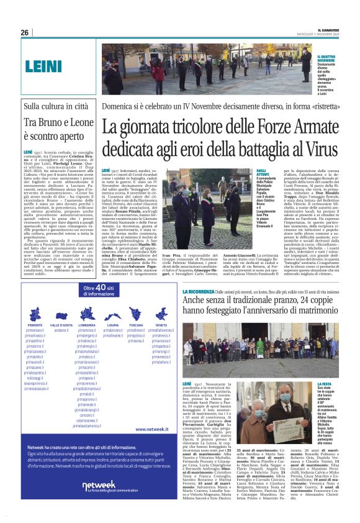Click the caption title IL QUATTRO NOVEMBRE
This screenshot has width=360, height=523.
[326, 58]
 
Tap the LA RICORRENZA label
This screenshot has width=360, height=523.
[197, 290]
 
